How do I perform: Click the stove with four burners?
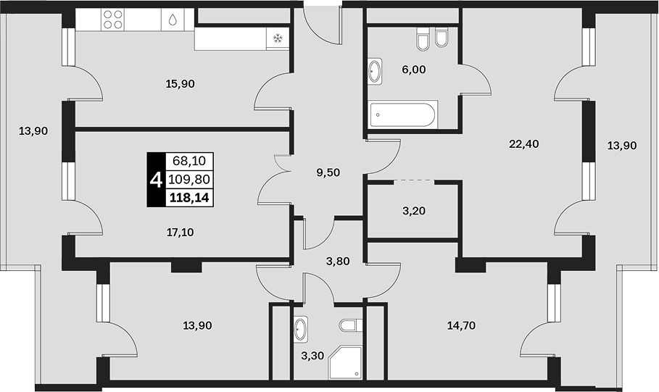113,20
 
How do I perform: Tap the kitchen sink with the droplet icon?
173,20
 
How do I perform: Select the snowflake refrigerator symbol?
278,39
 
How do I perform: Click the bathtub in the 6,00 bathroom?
404,114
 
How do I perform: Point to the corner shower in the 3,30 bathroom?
345,362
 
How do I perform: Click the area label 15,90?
180,84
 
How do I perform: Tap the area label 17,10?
180,232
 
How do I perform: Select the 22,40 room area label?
523,144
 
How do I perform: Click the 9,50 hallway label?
328,172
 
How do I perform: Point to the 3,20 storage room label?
413,211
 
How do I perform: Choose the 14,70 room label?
461,325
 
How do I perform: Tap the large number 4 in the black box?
156,181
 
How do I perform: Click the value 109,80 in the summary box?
189,180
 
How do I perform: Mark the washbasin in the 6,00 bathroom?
375,72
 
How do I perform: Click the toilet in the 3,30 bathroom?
350,325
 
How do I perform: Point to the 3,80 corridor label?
338,262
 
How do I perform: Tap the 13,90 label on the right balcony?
622,146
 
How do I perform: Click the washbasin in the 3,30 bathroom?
300,329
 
